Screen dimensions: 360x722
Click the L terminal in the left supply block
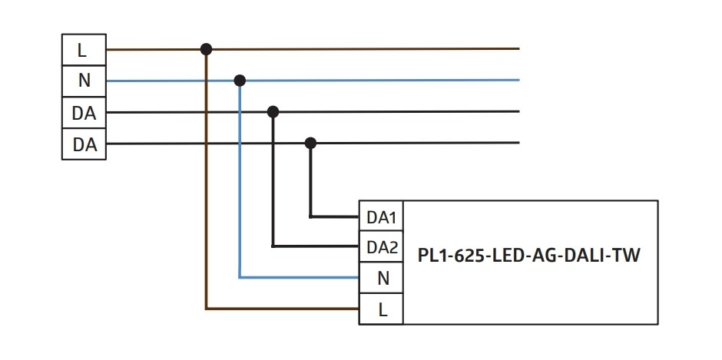click(x=83, y=50)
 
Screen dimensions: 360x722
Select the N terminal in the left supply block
click(x=83, y=81)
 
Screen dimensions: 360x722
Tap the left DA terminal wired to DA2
click(x=83, y=112)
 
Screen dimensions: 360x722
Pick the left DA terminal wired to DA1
click(x=83, y=144)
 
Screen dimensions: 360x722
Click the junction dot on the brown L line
click(x=206, y=49)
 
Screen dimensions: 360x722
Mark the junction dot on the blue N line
click(x=240, y=80)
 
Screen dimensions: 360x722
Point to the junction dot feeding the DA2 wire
click(x=273, y=111)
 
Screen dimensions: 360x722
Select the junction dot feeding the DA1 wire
click(x=310, y=143)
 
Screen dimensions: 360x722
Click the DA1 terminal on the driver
click(x=381, y=217)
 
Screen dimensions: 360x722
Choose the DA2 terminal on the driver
click(x=381, y=247)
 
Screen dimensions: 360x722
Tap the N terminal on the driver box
click(x=381, y=279)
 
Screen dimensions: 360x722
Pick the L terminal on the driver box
click(x=381, y=309)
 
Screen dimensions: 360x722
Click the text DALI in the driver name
click(x=585, y=256)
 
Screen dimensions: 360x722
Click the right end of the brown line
click(x=518, y=49)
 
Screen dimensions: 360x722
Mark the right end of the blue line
click(x=518, y=80)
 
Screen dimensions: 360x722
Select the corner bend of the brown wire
click(x=206, y=309)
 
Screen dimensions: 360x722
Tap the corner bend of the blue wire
click(x=240, y=278)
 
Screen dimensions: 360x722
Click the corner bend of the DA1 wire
click(x=310, y=216)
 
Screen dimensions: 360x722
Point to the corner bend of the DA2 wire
click(x=273, y=246)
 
